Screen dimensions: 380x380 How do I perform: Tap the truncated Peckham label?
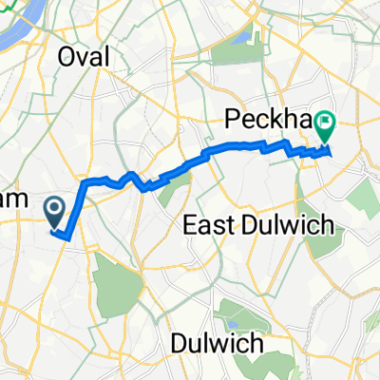point(271,118)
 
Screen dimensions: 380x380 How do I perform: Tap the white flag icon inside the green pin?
point(328,121)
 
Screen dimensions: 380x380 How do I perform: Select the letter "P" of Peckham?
point(232,118)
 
